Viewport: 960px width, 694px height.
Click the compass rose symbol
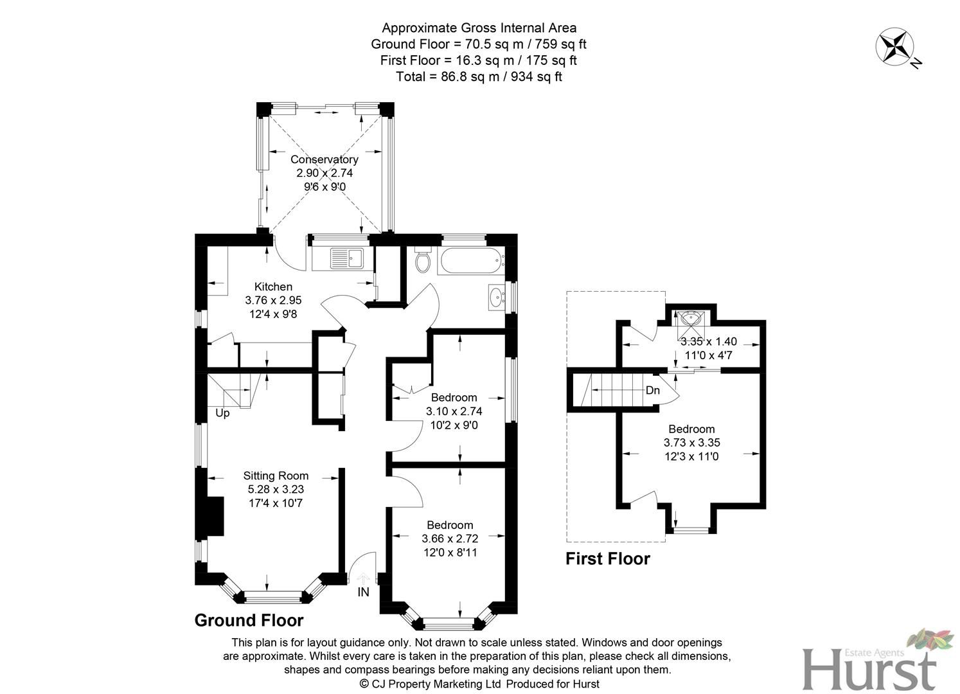click(895, 47)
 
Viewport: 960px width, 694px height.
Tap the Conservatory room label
click(324, 159)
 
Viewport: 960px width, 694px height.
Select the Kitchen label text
click(273, 287)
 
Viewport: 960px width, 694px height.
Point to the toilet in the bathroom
click(423, 260)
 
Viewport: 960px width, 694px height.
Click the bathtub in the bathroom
click(469, 262)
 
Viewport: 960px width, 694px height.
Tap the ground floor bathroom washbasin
click(496, 298)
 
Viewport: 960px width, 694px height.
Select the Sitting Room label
click(276, 476)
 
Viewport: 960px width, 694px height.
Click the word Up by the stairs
click(222, 413)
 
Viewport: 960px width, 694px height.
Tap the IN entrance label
click(364, 592)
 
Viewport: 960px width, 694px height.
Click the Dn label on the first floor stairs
click(653, 390)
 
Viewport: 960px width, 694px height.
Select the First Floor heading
click(607, 559)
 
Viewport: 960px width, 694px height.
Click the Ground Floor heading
click(249, 620)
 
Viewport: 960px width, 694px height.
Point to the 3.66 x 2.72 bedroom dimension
click(450, 538)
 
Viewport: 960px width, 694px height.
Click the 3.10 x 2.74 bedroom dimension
click(454, 411)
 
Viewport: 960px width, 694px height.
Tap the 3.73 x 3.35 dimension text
click(691, 443)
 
